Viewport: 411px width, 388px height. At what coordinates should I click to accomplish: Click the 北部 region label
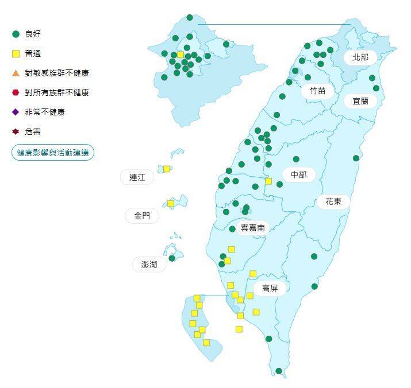pos(360,57)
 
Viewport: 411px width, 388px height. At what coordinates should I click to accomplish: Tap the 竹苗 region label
pos(317,90)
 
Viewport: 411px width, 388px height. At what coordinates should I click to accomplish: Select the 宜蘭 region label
pos(360,100)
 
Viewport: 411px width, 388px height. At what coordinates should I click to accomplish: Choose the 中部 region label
pos(298,174)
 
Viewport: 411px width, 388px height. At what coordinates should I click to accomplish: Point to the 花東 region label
pos(333,201)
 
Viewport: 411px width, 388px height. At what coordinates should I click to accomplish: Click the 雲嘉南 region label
pos(252,228)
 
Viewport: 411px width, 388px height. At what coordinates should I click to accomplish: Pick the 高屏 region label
pos(270,288)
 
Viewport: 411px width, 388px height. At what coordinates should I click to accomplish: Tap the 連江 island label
pos(137,177)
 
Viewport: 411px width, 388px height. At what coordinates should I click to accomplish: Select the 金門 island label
pos(142,216)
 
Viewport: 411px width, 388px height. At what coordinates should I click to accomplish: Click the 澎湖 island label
pos(149,264)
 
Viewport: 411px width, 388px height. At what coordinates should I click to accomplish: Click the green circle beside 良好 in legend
pos(16,34)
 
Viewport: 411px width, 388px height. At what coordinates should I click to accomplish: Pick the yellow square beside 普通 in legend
pos(16,53)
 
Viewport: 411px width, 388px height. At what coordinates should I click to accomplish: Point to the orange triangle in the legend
pos(16,73)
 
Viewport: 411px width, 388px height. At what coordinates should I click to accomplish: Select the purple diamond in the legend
pos(16,112)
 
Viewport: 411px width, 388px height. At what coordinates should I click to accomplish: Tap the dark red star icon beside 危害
pos(16,131)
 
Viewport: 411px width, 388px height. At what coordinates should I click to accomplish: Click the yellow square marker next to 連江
pos(167,169)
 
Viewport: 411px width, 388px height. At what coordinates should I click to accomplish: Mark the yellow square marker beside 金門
pos(171,203)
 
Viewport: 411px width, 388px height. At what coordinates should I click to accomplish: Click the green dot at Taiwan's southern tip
pos(279,371)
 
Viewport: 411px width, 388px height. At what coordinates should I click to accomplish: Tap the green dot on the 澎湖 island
pos(172,258)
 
